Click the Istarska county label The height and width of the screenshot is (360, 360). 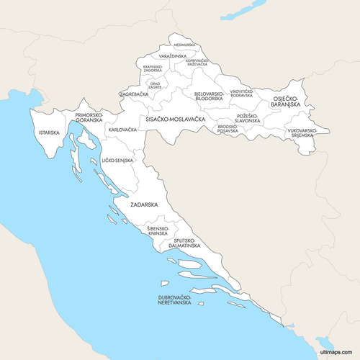(49, 132)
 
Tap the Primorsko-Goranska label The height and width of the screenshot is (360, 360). (89, 117)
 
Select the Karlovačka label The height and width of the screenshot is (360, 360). (122, 130)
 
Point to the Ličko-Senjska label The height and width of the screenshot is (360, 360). (117, 160)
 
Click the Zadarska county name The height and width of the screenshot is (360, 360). (144, 204)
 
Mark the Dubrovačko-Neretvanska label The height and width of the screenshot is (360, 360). (175, 300)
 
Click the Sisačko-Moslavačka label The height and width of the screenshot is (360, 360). (176, 118)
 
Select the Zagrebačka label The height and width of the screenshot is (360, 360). (134, 94)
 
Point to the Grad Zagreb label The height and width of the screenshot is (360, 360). (155, 85)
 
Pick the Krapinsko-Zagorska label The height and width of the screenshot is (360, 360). (153, 68)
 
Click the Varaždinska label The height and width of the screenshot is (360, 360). (173, 55)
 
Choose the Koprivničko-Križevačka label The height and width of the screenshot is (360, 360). (197, 63)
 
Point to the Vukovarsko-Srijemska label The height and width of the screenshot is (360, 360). (301, 132)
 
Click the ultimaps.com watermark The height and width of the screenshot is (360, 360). (336, 352)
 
